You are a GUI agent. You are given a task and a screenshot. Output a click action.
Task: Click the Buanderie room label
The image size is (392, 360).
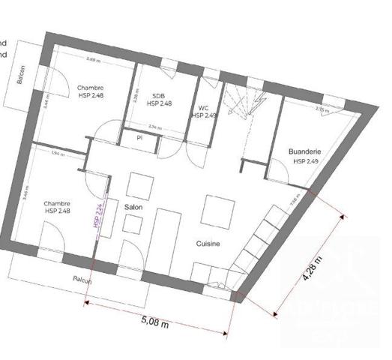click(305, 151)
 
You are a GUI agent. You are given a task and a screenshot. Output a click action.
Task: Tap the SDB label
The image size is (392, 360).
click(158, 96)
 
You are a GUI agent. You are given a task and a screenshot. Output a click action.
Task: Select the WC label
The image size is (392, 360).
click(202, 107)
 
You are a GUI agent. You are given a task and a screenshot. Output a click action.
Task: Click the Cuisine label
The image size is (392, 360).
click(208, 244)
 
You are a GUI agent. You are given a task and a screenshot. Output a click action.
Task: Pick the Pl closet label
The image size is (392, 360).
click(139, 137)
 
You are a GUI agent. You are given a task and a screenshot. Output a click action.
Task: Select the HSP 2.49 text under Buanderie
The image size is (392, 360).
click(306, 161)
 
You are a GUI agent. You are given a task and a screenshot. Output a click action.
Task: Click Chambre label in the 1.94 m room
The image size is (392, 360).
click(57, 203)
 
